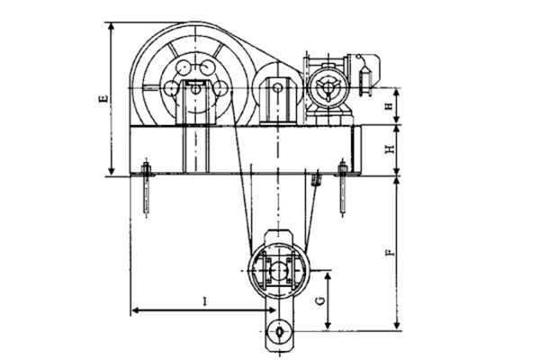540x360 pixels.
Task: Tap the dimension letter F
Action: pyautogui.click(x=391, y=253)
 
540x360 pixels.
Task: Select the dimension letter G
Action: pyautogui.click(x=320, y=301)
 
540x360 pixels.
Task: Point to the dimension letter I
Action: pyautogui.click(x=205, y=301)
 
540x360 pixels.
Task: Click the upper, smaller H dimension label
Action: pyautogui.click(x=389, y=106)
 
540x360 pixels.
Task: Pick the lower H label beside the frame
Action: pyautogui.click(x=390, y=148)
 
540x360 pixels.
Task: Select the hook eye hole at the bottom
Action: pyautogui.click(x=279, y=331)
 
